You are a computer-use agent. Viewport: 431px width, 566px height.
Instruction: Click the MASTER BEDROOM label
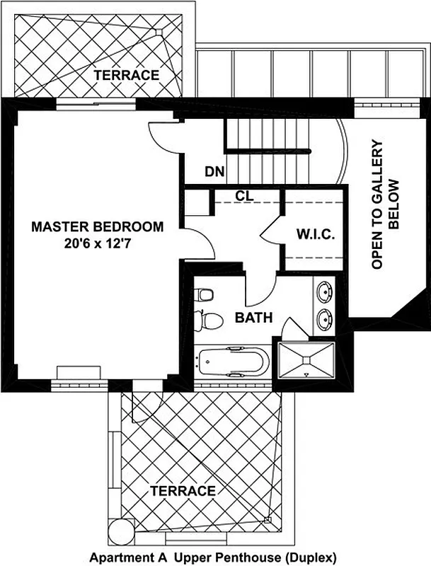coord(98,227)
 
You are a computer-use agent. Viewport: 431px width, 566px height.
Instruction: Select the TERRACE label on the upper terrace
coord(127,75)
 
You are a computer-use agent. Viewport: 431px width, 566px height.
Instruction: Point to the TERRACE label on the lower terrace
coord(183,490)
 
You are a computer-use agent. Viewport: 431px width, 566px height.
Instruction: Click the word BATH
coord(254,318)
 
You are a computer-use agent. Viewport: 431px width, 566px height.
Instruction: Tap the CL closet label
coord(246,197)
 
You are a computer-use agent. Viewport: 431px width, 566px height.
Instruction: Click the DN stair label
coord(215,171)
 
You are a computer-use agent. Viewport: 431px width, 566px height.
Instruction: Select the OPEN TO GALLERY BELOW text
coord(386,204)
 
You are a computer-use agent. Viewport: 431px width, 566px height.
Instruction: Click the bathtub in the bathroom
coord(231,363)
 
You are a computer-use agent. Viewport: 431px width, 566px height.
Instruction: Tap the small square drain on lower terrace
coord(268,521)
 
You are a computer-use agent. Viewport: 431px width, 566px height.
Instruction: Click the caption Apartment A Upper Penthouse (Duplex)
coord(212,558)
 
